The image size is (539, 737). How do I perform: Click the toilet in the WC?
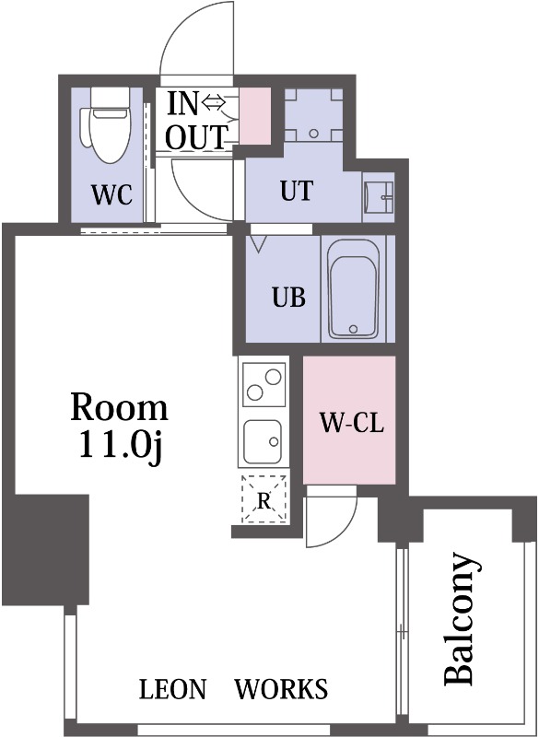pos(107,124)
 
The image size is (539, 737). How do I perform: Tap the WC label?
pos(111,194)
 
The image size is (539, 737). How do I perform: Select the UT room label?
pos(297,191)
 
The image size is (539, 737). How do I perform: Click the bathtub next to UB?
pos(354,289)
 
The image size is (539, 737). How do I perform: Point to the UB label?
pos(289,297)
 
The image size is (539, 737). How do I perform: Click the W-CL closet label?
pos(351,422)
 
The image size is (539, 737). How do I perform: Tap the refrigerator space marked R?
pos(264,499)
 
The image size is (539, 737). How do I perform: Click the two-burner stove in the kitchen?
pos(264,384)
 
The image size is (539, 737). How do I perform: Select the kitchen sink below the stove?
pos(263,441)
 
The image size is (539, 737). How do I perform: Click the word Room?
pos(119,407)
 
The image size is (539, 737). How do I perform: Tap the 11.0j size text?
pos(121,446)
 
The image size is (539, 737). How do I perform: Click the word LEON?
pos(172,689)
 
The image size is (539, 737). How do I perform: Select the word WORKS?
pos(281,689)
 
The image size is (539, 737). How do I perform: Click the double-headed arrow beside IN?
pos(214,101)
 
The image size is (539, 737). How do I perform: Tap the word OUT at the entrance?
pos(197,137)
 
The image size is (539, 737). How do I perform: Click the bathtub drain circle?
pos(354,329)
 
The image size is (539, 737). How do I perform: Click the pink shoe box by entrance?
pos(255,116)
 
